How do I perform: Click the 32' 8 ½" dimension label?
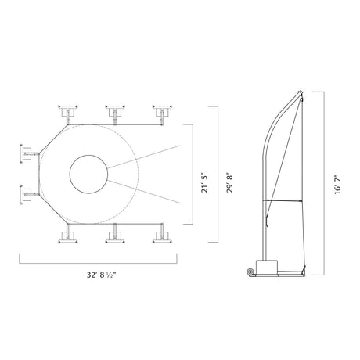101,275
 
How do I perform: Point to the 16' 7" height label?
338,185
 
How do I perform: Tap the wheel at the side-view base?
250,272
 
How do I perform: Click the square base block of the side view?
266,267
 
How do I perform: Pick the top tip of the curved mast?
300,91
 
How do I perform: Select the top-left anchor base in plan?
68,111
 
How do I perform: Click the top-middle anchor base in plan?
115,111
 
